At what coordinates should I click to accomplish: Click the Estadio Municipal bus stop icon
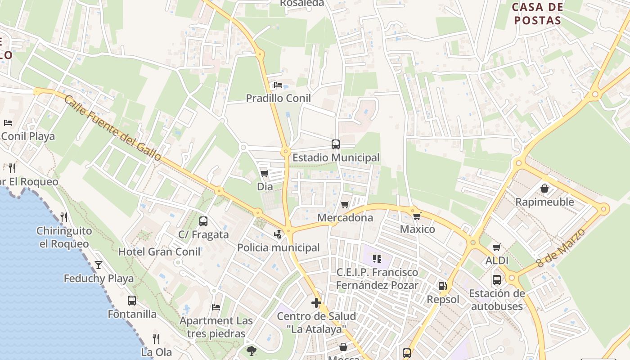pyautogui.click(x=336, y=144)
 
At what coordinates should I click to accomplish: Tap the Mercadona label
pyautogui.click(x=345, y=218)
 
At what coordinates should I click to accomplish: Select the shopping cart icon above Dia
pyautogui.click(x=265, y=173)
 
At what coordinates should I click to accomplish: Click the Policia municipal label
pyautogui.click(x=278, y=247)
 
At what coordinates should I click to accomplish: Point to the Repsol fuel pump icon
pyautogui.click(x=443, y=286)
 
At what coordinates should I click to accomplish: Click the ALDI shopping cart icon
pyautogui.click(x=497, y=247)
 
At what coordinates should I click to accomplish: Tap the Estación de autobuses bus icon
pyautogui.click(x=497, y=279)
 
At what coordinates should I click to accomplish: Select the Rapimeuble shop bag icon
pyautogui.click(x=544, y=189)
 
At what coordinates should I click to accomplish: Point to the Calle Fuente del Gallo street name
pyautogui.click(x=112, y=128)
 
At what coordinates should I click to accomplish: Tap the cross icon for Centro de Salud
pyautogui.click(x=316, y=302)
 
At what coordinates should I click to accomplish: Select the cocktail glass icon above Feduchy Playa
pyautogui.click(x=99, y=265)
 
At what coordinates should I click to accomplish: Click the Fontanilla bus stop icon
pyautogui.click(x=132, y=300)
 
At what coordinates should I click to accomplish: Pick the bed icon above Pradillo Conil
pyautogui.click(x=278, y=85)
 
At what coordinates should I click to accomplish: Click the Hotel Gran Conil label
pyautogui.click(x=159, y=252)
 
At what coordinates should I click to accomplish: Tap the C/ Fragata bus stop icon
pyautogui.click(x=203, y=221)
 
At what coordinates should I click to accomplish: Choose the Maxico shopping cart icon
pyautogui.click(x=417, y=216)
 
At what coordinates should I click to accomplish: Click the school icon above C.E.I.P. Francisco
pyautogui.click(x=377, y=259)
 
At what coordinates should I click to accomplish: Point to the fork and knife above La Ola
pyautogui.click(x=156, y=338)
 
